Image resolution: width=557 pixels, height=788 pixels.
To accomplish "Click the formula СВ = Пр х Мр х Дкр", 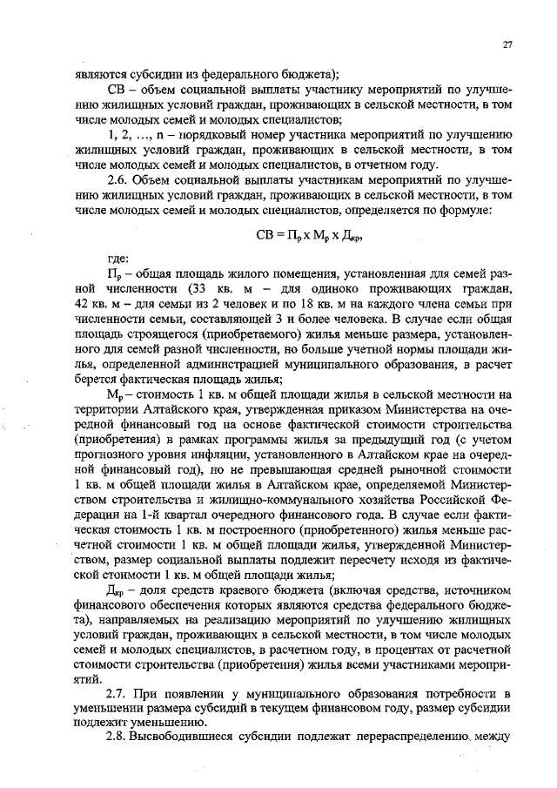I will click(308, 235).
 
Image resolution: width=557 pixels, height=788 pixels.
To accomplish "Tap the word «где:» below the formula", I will click(117, 258).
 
